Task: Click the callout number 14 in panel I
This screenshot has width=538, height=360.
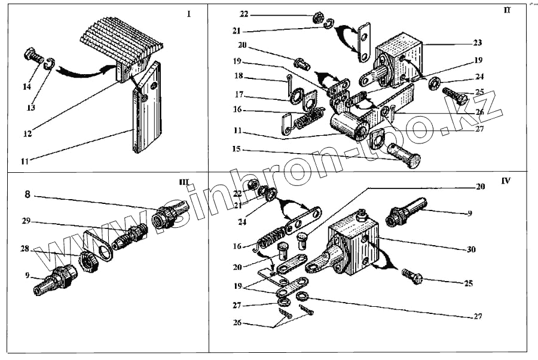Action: tap(27, 87)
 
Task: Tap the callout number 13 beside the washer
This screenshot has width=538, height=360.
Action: tap(31, 108)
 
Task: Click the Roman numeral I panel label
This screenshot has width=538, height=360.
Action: tap(189, 14)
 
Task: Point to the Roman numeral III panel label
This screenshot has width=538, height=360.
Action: tap(184, 182)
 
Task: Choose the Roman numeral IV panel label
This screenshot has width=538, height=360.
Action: tap(506, 181)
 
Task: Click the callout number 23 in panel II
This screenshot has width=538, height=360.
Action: tap(478, 43)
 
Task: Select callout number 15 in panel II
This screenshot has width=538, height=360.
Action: tap(237, 149)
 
